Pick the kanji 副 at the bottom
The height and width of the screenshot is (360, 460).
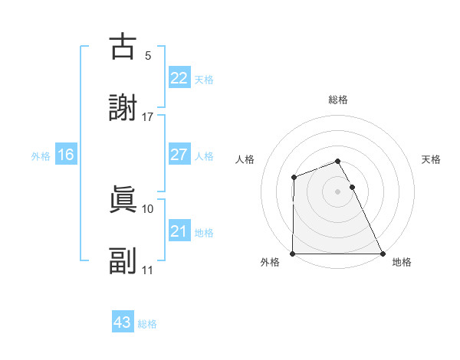click(123, 261)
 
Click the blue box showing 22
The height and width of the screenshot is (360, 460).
click(179, 78)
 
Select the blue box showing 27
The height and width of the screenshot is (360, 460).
click(179, 155)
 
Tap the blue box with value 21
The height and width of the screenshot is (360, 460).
click(179, 231)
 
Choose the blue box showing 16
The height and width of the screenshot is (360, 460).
click(66, 155)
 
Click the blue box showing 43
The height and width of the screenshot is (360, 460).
click(123, 322)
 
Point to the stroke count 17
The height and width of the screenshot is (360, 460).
click(148, 117)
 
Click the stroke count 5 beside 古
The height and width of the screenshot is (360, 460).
click(148, 56)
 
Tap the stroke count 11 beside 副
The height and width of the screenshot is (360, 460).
click(148, 270)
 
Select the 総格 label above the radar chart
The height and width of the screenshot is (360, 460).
click(338, 100)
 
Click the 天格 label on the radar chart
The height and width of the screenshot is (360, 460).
click(432, 159)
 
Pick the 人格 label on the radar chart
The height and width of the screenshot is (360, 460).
click(245, 159)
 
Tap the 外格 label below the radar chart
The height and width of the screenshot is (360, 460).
click(270, 263)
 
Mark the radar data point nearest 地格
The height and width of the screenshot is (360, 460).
click(383, 254)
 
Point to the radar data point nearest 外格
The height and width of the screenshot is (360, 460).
click(293, 254)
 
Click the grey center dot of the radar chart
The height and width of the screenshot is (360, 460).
click(338, 191)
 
